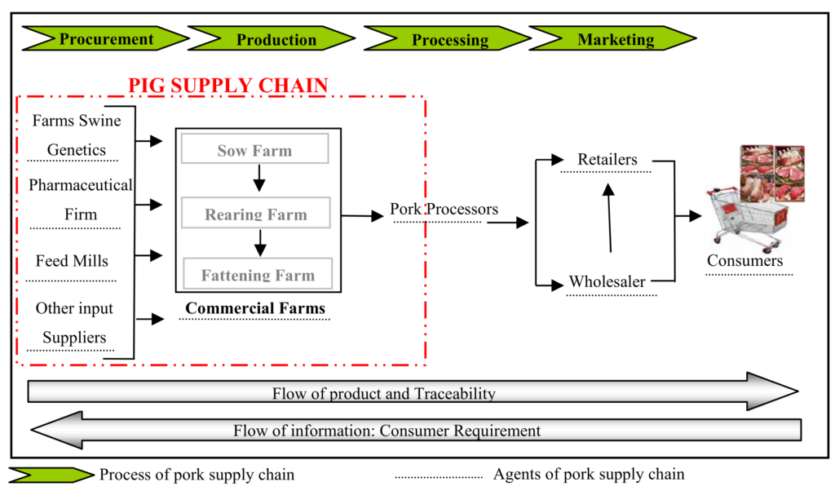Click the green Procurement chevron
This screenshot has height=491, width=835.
pos(105,39)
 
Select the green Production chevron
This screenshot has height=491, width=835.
pos(272,39)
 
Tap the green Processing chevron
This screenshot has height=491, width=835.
pos(448,39)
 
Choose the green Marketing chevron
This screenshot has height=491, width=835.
pos(612,39)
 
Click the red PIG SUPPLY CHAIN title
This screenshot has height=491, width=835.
pos(228,85)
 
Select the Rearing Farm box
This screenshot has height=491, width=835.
pos(255,213)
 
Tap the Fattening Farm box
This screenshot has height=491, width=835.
pos(258,274)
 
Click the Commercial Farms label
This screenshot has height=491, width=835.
pos(255,307)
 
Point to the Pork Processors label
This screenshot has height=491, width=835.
pos(444,209)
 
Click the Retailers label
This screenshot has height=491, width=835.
pos(607,159)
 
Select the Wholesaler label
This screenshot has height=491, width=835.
pos(607,281)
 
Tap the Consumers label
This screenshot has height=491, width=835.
pos(745,260)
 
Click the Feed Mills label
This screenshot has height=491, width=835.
pos(72,260)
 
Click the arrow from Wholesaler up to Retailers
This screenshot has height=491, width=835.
pos(609,218)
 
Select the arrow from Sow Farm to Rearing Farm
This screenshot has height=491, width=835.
pos(259,178)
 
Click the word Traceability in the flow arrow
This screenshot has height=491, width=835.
pos(455,394)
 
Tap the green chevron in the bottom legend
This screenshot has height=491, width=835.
pos(51,475)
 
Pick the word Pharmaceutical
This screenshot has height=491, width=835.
pos(81,185)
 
